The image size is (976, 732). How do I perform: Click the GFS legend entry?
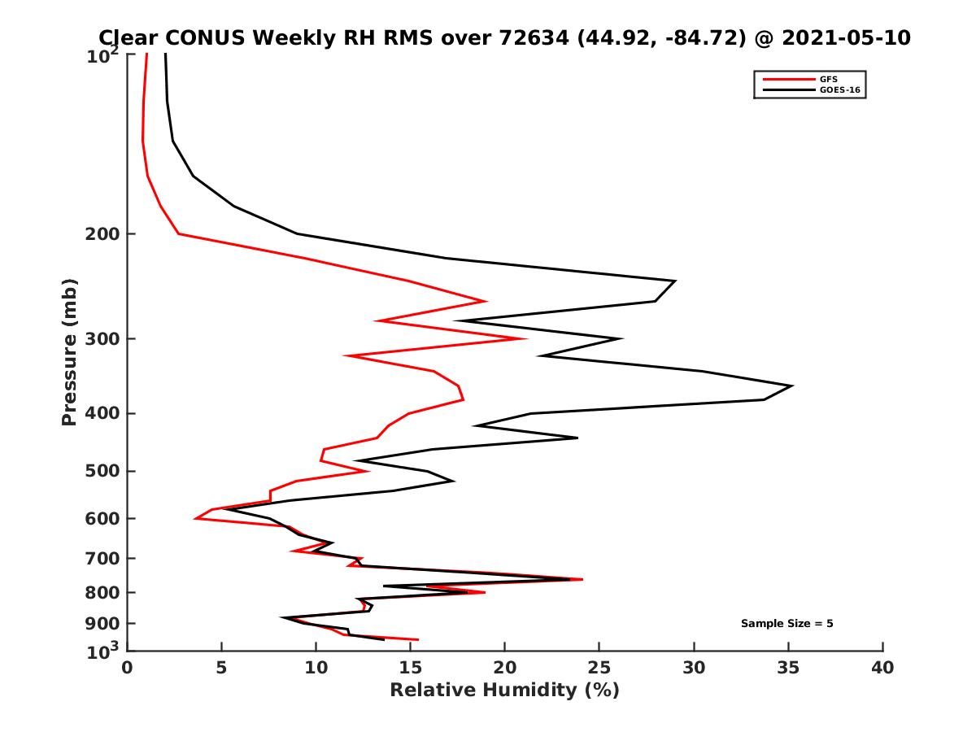pyautogui.click(x=829, y=79)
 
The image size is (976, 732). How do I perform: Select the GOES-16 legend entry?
pyautogui.click(x=837, y=89)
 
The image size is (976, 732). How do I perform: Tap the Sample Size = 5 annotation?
pyautogui.click(x=786, y=624)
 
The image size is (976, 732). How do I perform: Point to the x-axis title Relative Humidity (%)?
pyautogui.click(x=504, y=691)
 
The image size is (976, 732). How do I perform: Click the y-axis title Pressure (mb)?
pyautogui.click(x=69, y=352)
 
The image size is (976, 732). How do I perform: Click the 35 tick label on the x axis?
pyautogui.click(x=788, y=668)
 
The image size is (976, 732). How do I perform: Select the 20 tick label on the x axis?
pyautogui.click(x=504, y=668)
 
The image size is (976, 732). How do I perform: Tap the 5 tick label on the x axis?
pyautogui.click(x=221, y=668)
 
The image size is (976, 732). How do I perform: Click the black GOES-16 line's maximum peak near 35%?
pyautogui.click(x=792, y=386)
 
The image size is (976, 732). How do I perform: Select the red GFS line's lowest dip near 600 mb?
pyautogui.click(x=195, y=518)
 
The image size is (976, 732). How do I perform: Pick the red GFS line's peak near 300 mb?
pyautogui.click(x=527, y=338)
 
